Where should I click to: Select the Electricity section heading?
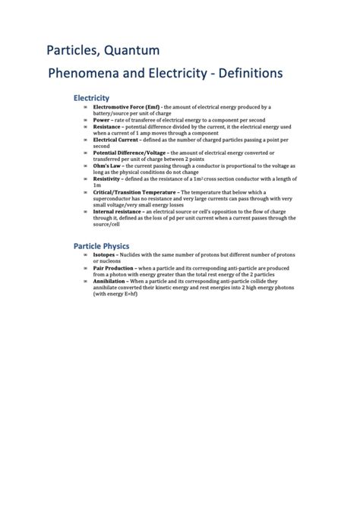tap(91, 98)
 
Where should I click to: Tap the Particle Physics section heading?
tap(101, 246)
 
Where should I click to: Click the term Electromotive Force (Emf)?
tap(125, 107)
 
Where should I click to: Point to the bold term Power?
tap(102, 120)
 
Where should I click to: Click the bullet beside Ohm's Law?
tap(85, 165)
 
